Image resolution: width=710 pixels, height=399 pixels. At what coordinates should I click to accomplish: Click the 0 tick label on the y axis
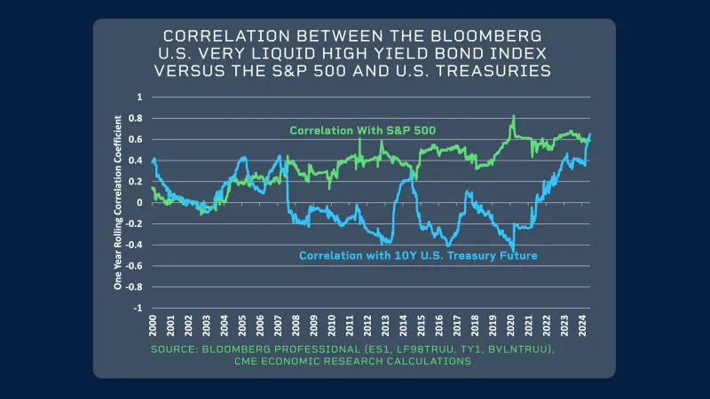click(x=138, y=202)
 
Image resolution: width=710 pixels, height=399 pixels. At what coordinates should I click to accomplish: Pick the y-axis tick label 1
click(x=138, y=97)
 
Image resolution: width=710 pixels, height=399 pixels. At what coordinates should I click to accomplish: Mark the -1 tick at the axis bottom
click(x=137, y=308)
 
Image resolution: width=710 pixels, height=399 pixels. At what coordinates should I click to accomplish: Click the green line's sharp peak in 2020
click(x=514, y=116)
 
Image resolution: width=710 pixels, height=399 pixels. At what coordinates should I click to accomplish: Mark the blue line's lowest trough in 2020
click(x=514, y=250)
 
